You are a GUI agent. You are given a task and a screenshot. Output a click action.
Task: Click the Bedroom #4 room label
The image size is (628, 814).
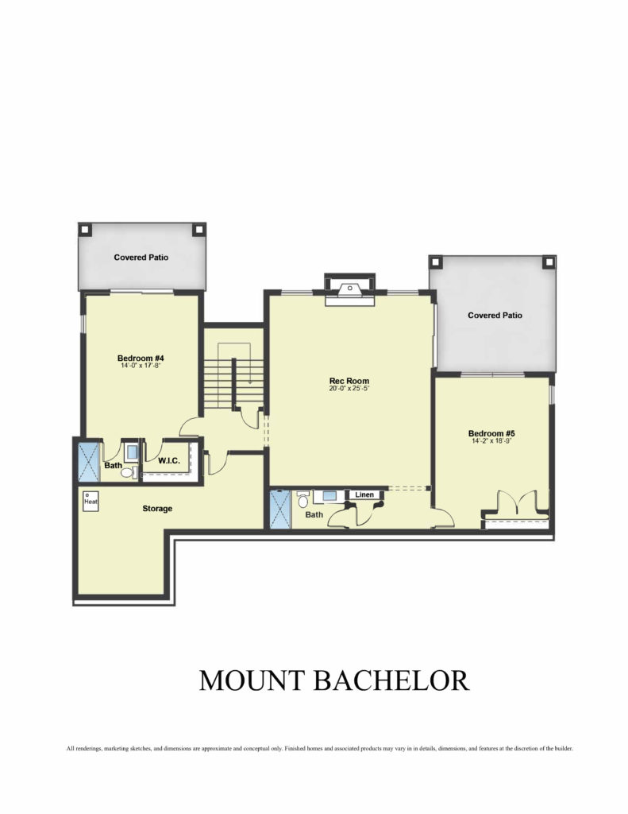[x=141, y=359]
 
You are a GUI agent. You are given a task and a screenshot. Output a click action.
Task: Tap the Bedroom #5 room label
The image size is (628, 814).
[x=491, y=433]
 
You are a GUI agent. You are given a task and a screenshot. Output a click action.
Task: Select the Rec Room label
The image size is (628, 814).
[x=349, y=381]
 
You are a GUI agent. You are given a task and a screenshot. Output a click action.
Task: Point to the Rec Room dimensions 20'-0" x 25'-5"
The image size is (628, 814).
[x=349, y=388]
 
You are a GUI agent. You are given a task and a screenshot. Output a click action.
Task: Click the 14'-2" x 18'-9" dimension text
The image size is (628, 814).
[x=491, y=441]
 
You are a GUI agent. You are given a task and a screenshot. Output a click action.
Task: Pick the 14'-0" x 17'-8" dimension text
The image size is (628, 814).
[x=141, y=366]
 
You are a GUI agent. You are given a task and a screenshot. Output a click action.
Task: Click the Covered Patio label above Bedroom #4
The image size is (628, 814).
[x=141, y=257]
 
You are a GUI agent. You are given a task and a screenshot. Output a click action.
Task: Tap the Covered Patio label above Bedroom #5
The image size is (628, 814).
[x=495, y=315]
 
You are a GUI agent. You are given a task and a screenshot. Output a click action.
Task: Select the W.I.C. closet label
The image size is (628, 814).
[x=169, y=460]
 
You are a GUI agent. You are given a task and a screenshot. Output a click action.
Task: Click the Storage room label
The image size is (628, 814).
[x=157, y=509]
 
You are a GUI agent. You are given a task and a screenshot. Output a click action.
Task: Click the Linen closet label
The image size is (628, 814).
[x=364, y=494]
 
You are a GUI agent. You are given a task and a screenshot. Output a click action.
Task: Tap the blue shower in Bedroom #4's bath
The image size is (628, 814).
[x=88, y=462]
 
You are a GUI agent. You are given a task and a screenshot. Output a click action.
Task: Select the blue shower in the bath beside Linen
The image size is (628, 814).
[x=280, y=510]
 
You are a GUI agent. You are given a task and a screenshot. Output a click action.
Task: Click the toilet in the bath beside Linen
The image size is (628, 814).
[x=302, y=500]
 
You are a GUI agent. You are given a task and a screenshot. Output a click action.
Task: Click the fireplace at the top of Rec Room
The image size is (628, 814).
[x=349, y=290]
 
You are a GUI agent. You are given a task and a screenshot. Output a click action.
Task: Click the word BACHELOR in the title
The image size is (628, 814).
[x=391, y=680]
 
